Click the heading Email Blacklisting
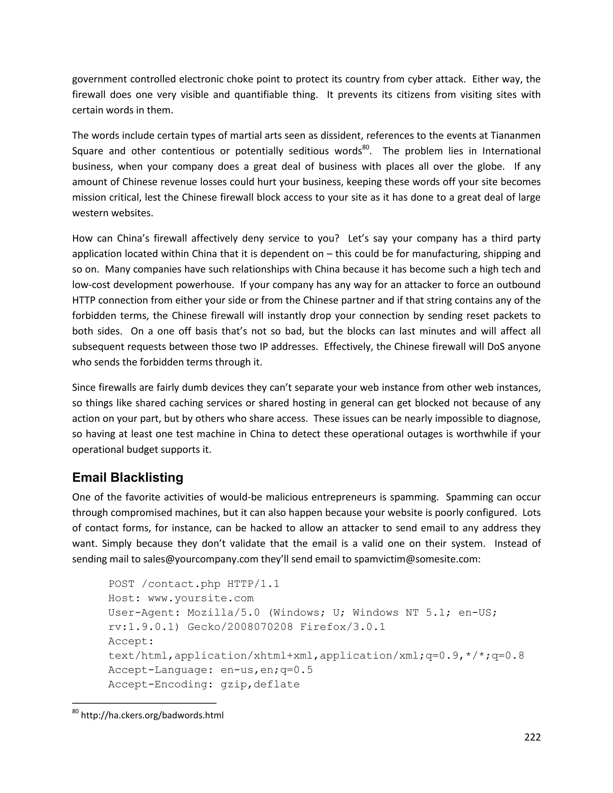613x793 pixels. [128, 478]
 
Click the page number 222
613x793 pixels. [532, 737]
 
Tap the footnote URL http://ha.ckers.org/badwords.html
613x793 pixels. [152, 715]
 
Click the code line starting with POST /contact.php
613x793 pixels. [194, 584]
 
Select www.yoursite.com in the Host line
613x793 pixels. [201, 598]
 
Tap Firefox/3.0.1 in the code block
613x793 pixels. [342, 627]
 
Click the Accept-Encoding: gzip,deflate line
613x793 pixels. [204, 684]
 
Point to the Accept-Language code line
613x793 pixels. [210, 670]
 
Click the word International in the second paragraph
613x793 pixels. [511, 151]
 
